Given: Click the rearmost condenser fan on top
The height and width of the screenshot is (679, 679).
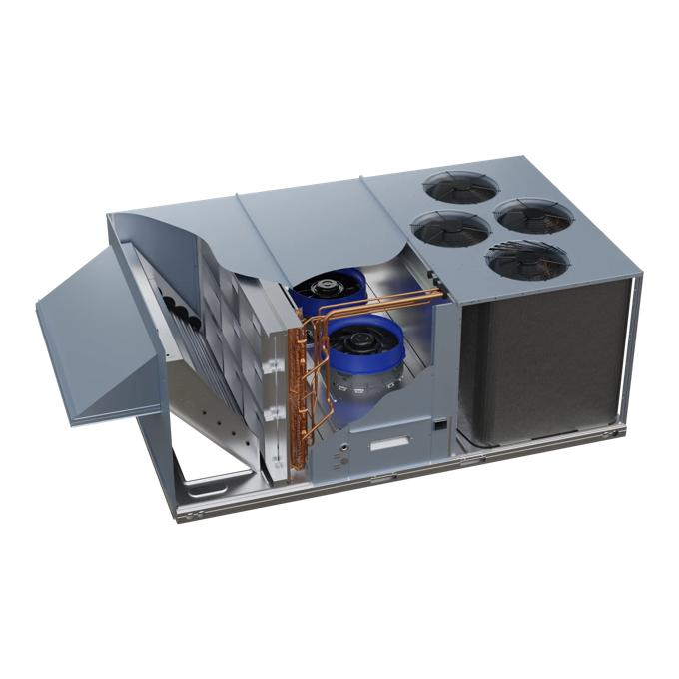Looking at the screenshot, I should click(x=461, y=187).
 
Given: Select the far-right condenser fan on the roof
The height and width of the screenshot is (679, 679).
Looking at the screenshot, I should click(x=534, y=215).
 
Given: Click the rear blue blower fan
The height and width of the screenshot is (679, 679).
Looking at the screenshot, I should click(x=328, y=287).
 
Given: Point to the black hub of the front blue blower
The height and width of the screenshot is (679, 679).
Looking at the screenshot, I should click(x=358, y=341).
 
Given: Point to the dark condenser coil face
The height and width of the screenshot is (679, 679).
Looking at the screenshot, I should click(x=544, y=359).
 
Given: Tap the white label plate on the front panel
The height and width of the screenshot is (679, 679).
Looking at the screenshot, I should click(x=390, y=443).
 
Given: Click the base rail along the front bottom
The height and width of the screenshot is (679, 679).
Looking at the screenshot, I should click(x=399, y=479).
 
